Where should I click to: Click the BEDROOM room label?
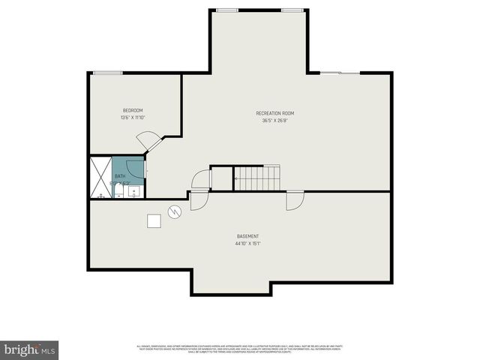[132, 110]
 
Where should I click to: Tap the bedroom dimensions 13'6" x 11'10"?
[132, 118]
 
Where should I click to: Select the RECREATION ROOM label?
[274, 113]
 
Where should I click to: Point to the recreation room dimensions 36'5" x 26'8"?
[274, 121]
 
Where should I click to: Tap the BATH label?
[120, 175]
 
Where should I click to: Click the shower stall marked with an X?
[100, 177]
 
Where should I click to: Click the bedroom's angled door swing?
[147, 140]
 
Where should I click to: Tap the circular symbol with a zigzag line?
[175, 212]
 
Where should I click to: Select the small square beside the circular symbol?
[154, 220]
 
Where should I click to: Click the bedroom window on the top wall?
[107, 73]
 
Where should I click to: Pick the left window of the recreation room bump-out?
[226, 10]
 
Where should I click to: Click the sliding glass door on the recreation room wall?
[342, 73]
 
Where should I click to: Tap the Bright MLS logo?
[30, 349]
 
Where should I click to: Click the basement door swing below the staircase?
[294, 199]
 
